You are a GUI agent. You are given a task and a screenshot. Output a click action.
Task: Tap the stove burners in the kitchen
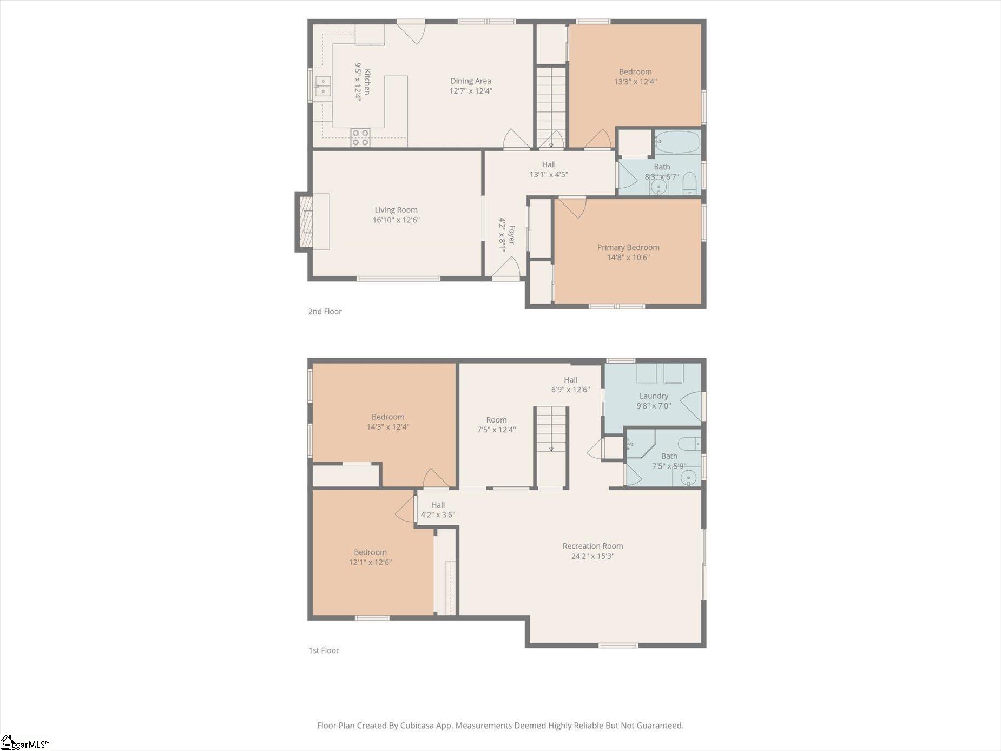360,137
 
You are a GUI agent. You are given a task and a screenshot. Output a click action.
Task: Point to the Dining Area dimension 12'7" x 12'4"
471,91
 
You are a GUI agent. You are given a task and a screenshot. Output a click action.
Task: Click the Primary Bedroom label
628,247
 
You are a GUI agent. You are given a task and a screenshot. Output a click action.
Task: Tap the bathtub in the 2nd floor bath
677,142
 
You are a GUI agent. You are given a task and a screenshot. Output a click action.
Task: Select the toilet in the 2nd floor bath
689,184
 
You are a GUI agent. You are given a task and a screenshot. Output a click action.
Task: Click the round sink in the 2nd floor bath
659,187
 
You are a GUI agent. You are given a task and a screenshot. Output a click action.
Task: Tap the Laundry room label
654,396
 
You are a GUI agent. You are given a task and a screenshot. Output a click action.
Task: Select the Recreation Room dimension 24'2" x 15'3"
592,556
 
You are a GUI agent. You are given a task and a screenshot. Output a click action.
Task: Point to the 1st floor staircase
551,447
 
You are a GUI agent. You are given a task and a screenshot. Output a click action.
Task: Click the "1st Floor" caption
324,650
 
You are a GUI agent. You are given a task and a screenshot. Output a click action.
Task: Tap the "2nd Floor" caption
325,311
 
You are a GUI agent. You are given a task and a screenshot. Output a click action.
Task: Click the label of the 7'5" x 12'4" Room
496,420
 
